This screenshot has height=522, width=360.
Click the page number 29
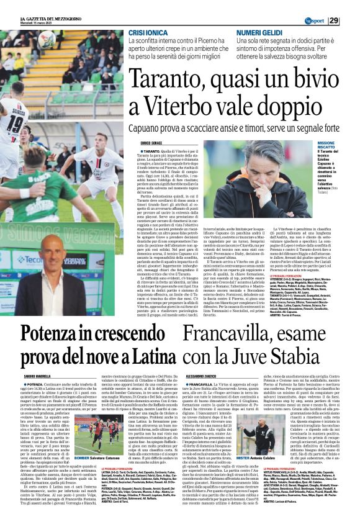[351, 20]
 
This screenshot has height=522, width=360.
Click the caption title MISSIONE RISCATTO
[326, 145]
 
